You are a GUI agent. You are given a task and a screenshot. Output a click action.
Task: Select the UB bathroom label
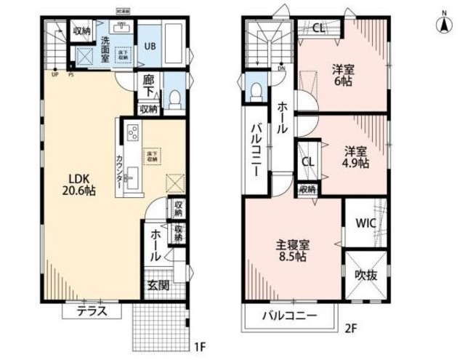tap(149, 45)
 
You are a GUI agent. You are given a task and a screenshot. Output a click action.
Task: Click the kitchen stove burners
tap(133, 134)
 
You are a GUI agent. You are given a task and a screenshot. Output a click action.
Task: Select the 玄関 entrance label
tap(158, 285)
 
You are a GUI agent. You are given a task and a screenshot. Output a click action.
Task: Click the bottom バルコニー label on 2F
tap(290, 316)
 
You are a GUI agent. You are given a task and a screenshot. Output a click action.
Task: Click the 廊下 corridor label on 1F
tap(150, 87)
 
